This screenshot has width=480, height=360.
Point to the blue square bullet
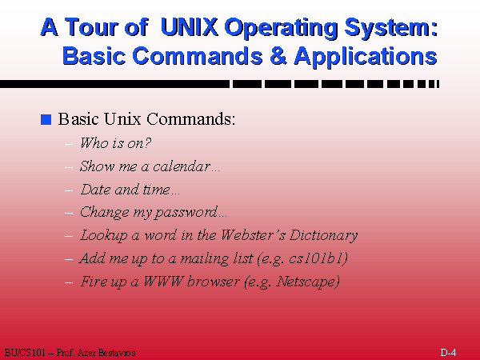pos(46,120)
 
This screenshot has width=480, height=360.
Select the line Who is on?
pos(116,144)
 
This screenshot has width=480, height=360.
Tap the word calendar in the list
pos(186,167)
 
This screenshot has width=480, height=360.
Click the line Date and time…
pos(130,190)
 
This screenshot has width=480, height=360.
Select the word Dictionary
pos(325,235)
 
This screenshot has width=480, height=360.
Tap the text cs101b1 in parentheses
pos(320,258)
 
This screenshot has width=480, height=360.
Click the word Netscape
pos(307,282)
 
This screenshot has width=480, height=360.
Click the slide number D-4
pos(448,353)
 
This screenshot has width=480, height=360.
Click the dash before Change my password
pos(69,214)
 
